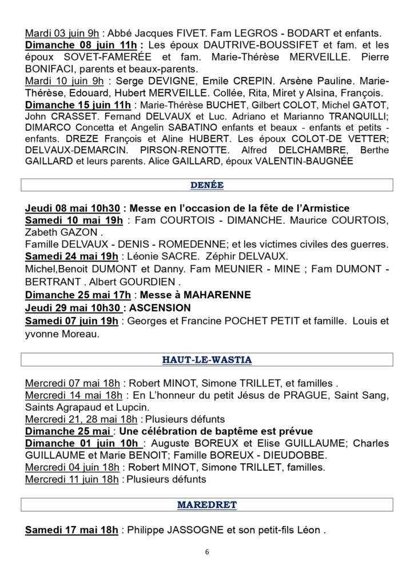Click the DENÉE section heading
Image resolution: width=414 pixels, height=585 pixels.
[206, 185]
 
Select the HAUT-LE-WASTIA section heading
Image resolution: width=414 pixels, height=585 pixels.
[206, 359]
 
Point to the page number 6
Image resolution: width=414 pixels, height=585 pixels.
[207, 552]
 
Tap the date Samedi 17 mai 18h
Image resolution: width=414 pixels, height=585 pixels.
[71, 530]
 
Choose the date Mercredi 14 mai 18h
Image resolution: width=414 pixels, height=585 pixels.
[73, 395]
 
